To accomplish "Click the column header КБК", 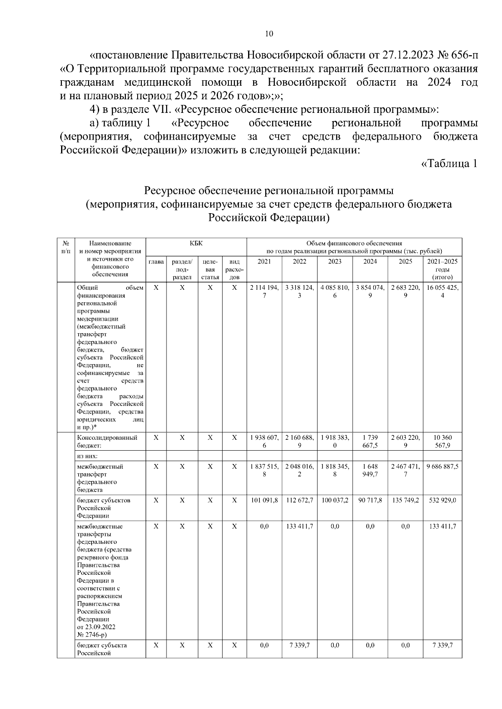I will pos(196,243).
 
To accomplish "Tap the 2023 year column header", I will pos(335,261).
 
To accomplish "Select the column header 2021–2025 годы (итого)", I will pos(443,269).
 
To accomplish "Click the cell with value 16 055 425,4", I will pos(443,291).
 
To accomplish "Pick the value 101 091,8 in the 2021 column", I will pos(264,500).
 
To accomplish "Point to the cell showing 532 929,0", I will pos(443,500).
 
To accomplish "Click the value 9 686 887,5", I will pos(443,467).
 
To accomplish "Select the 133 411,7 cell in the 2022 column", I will pos(300,526).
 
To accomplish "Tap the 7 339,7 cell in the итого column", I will pos(443,645).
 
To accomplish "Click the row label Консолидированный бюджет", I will pos(108,441).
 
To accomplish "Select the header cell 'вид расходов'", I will pos(235,269).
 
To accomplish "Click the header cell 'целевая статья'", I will pos(210,269).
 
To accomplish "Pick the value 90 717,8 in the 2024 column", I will pos(370,500).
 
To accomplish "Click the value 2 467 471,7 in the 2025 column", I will pos(405,470).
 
